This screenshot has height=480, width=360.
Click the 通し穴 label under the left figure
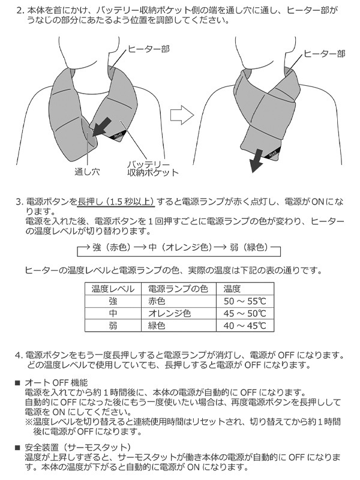click(87, 172)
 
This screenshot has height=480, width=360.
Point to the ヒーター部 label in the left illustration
click(148, 49)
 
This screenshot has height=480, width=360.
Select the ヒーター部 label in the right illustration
click(325, 54)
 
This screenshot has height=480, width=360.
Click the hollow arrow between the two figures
click(182, 115)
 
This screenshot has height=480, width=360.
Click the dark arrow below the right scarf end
click(257, 161)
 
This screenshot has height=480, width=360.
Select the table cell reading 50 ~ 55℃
click(245, 301)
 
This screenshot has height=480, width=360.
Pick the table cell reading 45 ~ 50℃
click(245, 313)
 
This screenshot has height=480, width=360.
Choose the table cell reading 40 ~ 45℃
click(245, 326)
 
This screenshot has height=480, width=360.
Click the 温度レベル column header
click(113, 289)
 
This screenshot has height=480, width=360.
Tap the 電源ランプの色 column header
click(178, 289)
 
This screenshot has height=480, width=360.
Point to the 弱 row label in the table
click(113, 326)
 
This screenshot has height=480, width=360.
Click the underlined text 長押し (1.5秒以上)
click(116, 202)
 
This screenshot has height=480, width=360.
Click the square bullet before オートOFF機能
click(18, 383)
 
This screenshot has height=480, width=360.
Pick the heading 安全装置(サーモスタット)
click(78, 448)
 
